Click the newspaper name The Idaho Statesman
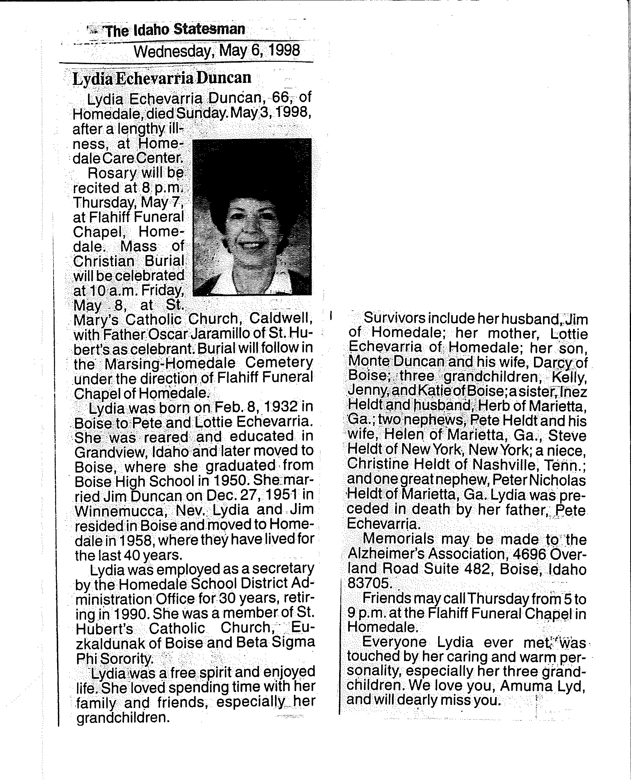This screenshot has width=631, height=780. click(175, 30)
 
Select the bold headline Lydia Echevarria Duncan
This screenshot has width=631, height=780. click(162, 78)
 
